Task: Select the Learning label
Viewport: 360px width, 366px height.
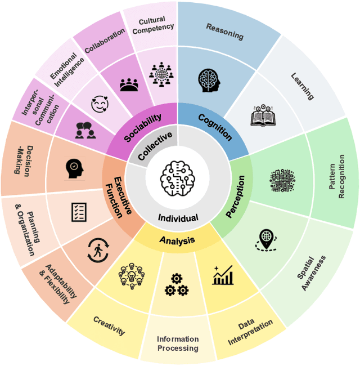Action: tap(302, 86)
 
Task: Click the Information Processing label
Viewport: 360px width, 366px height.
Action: tap(178, 343)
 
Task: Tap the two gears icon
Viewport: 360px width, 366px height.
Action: tap(176, 284)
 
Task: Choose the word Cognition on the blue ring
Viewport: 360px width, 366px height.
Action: tap(216, 126)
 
